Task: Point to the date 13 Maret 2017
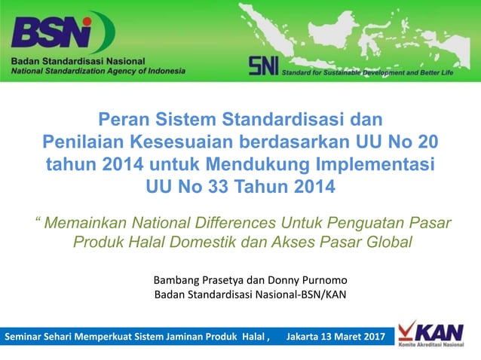click(354, 337)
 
